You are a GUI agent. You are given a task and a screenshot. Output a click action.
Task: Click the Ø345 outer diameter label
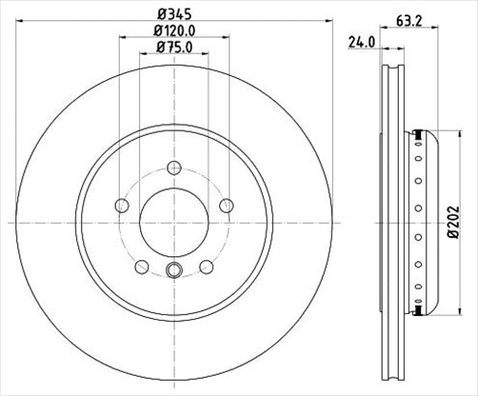[x=173, y=15]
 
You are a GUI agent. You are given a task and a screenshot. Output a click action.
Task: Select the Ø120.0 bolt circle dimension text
[x=173, y=31]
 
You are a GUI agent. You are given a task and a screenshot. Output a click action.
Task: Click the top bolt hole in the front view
[x=173, y=169]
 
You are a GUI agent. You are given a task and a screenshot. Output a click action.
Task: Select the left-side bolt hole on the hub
[x=120, y=205]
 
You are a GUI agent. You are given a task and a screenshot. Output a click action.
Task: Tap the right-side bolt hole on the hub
[x=226, y=205]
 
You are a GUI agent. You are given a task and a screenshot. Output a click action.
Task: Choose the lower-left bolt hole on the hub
[x=141, y=267]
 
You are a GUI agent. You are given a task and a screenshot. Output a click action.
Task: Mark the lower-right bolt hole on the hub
[x=206, y=267]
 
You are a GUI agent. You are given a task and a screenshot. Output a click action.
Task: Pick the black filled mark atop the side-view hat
[x=417, y=133]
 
